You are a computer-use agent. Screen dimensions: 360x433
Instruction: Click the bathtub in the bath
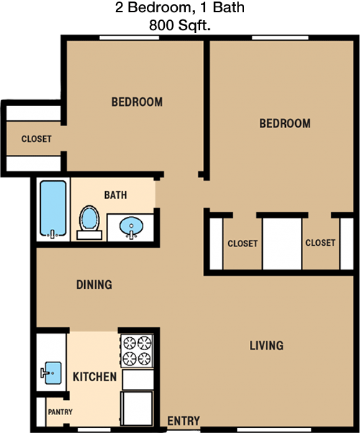53,209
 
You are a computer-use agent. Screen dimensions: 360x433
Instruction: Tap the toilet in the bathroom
89,223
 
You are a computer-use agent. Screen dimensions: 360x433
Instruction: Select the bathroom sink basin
132,226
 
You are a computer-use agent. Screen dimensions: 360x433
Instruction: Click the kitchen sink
51,373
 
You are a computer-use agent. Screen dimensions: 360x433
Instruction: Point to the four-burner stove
138,351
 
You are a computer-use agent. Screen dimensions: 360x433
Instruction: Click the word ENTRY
184,421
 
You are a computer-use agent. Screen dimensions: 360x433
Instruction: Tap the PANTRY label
60,412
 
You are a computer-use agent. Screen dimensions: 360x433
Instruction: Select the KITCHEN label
95,377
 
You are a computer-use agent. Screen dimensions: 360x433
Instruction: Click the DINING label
94,285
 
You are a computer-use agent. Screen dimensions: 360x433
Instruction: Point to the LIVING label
266,345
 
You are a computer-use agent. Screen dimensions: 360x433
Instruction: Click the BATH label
115,195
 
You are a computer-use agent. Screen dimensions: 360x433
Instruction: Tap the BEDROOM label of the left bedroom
137,102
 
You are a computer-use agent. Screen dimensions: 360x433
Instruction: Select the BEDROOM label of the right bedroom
285,123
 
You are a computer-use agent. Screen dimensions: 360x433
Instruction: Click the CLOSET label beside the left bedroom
37,139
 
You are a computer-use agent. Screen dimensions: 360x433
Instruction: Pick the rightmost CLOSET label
320,243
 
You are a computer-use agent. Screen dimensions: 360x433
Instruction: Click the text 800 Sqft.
180,25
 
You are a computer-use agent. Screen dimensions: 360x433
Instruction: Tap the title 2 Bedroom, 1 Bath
180,7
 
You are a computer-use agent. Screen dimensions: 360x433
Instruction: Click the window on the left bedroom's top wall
129,37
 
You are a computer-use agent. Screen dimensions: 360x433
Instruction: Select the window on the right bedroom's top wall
280,37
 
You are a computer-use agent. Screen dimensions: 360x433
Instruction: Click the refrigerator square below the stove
137,409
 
